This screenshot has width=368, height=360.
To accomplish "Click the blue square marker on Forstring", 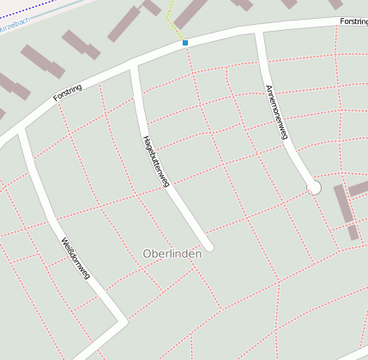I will [185, 42].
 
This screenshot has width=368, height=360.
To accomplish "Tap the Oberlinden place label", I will [172, 254].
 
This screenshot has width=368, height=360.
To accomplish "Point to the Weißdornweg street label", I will [75, 260].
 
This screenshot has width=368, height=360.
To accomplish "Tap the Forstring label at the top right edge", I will [353, 21].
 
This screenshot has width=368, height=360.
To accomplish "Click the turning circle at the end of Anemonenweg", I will [314, 187].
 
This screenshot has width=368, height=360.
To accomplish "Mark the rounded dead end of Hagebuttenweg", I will [208, 245].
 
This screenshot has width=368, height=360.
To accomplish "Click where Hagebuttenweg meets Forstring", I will [133, 66].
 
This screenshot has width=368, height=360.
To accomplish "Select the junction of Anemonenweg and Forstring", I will [257, 31].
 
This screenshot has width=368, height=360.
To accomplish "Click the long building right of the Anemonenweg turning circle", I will [342, 204].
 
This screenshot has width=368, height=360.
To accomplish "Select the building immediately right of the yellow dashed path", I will [190, 12].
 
